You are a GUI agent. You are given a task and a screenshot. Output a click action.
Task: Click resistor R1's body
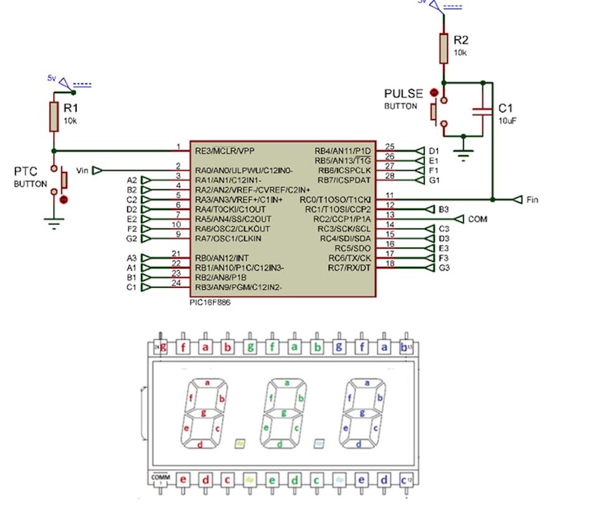54,117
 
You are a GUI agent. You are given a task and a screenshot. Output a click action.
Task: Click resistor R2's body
443,49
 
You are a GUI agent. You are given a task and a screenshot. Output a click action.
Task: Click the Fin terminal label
532,200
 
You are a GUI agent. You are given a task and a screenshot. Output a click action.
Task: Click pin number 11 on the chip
390,196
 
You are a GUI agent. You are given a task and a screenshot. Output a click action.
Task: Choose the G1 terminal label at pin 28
434,180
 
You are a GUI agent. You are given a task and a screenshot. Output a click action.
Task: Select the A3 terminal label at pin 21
131,258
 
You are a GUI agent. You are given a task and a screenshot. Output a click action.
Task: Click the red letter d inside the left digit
199,445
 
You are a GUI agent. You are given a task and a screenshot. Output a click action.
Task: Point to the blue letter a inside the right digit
367,383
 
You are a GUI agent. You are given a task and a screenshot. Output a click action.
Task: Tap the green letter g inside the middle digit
284,413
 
